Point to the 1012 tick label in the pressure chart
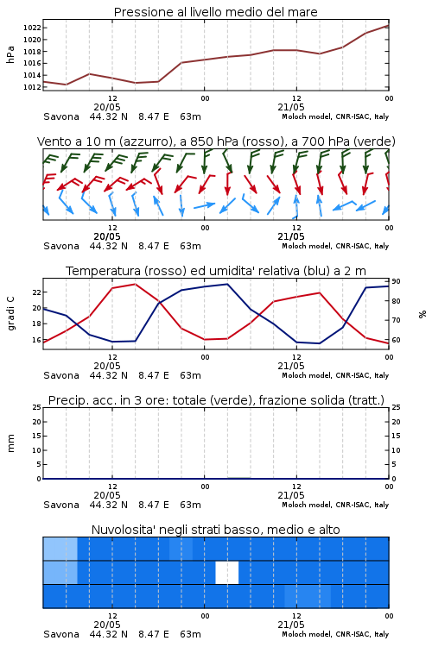[32, 87]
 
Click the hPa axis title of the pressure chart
[10, 55]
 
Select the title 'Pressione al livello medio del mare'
[216, 12]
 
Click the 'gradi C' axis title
[10, 313]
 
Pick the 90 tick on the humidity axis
[396, 281]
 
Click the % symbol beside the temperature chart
[422, 314]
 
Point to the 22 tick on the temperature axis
[36, 292]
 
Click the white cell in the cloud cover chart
[227, 572]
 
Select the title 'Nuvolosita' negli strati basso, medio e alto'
[216, 530]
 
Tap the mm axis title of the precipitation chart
[10, 443]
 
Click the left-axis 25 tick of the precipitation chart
[37, 407]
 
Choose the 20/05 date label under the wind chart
[107, 236]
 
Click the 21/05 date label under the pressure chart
[291, 107]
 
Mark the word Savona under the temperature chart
[61, 375]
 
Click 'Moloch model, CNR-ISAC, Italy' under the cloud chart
[335, 634]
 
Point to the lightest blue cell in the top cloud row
[60, 549]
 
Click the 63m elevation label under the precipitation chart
[191, 505]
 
